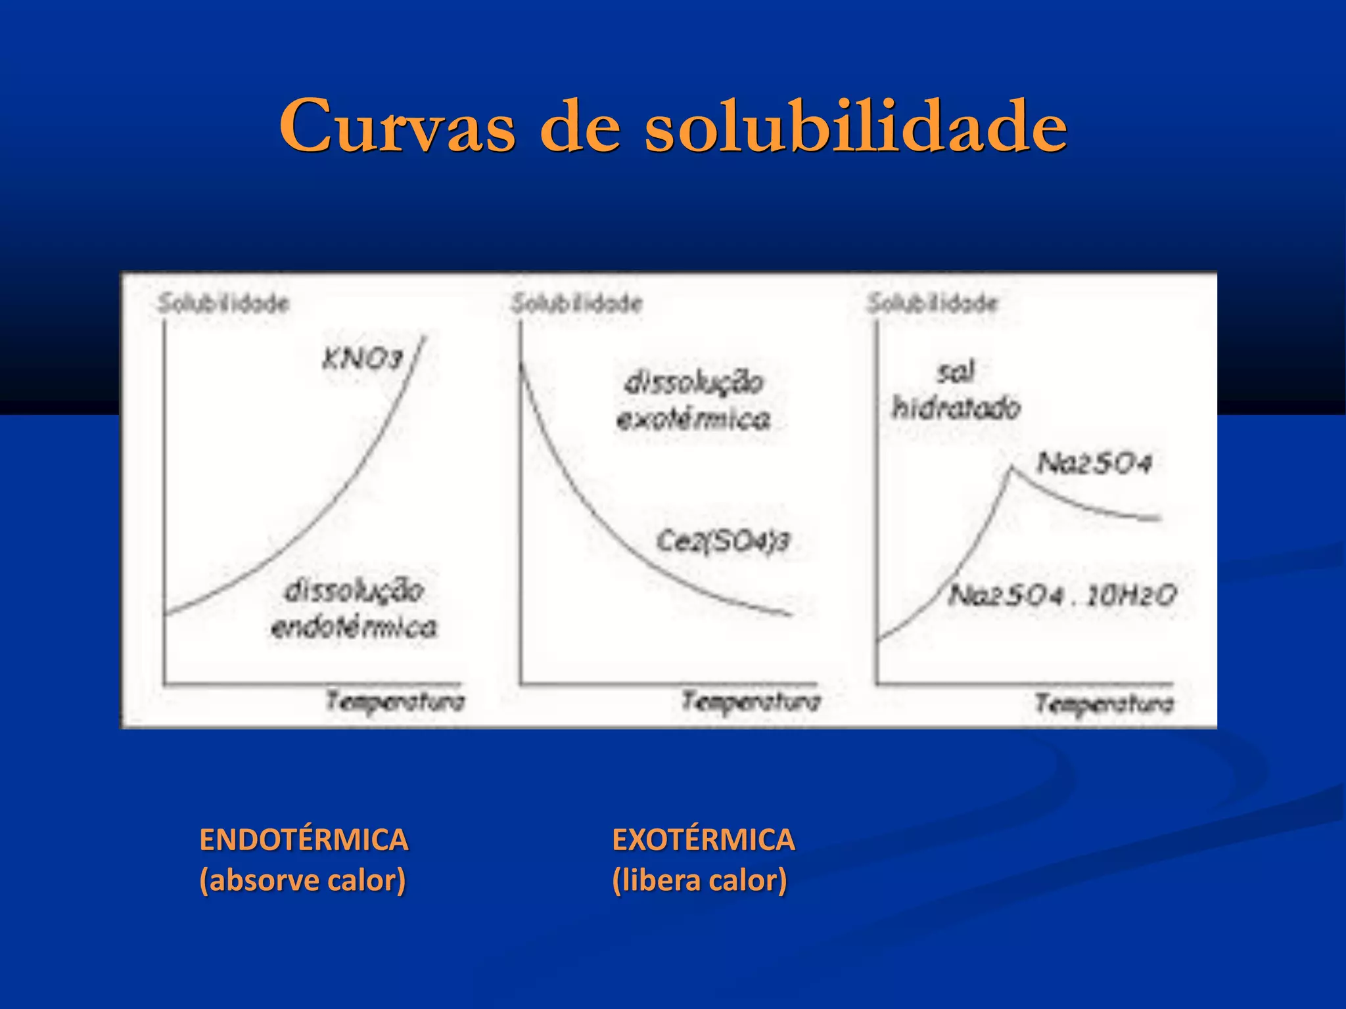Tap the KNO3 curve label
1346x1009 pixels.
[x=362, y=359]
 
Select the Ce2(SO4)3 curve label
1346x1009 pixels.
[x=723, y=541]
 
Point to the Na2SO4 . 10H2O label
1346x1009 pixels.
[x=1062, y=596]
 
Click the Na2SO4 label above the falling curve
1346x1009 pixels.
[x=1094, y=463]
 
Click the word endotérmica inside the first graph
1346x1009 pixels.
[x=354, y=627]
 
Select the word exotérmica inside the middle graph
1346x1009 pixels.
[x=693, y=419]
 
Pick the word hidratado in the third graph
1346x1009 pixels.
[x=956, y=408]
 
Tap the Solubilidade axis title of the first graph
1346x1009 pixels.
[x=223, y=303]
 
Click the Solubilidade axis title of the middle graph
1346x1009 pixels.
[x=577, y=303]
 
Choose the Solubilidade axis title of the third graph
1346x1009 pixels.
[x=933, y=303]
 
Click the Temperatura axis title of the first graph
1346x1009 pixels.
[x=396, y=702]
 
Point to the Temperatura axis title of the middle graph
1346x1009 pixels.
[x=751, y=702]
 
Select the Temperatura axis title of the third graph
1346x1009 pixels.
[x=1105, y=704]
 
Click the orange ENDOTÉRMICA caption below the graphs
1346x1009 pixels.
[x=304, y=840]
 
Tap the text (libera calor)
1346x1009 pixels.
[x=699, y=880]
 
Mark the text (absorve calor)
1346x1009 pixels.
[x=302, y=880]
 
